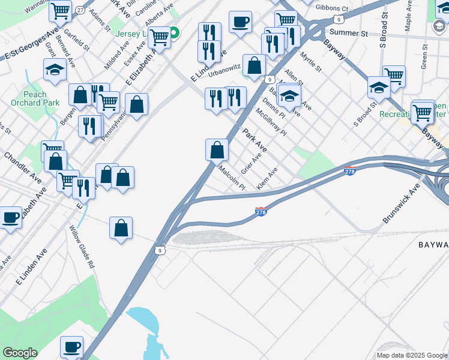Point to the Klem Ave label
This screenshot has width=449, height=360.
click(267, 179)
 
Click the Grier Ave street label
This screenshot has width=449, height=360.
click(252, 163)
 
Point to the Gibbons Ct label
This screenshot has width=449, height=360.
click(332, 8)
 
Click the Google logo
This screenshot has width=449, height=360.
click(20, 353)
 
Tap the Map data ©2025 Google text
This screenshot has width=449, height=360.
click(411, 355)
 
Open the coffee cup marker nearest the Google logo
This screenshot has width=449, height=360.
click(72, 346)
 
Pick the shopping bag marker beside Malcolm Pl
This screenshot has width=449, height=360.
click(217, 150)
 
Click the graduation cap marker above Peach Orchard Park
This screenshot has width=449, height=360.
click(55, 70)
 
